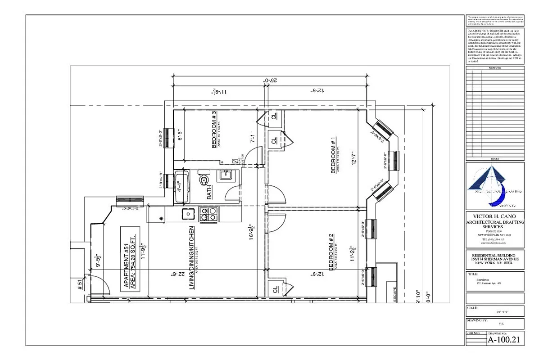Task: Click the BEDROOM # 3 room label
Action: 214,130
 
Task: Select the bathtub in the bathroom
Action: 182,186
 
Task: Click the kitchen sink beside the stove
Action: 188,214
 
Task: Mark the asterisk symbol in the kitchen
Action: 161,219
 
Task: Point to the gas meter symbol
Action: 235,161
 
